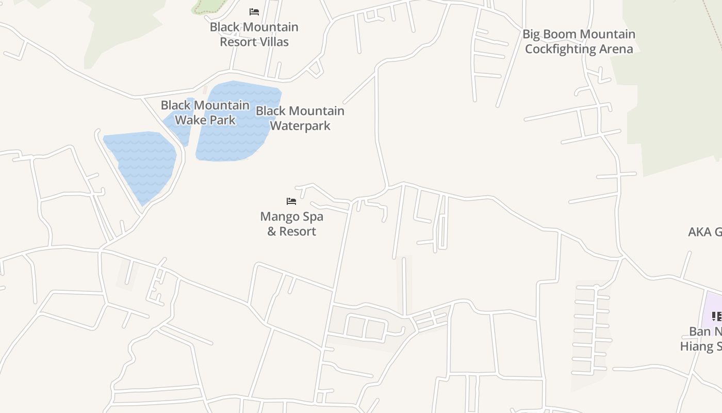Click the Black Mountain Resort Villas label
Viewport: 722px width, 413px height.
pos(254,34)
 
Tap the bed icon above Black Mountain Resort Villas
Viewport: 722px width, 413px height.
pos(254,11)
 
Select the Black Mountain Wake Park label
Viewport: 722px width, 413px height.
pos(205,113)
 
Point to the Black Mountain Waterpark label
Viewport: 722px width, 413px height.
pos(300,118)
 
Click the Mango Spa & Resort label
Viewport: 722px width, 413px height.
pos(291,224)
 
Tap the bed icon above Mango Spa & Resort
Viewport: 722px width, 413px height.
pos(291,201)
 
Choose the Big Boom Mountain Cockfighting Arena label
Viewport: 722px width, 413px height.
pos(579,41)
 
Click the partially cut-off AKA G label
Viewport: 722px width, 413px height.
pos(704,232)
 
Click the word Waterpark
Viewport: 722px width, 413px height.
pos(300,125)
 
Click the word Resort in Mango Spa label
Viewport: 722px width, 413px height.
pos(298,231)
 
